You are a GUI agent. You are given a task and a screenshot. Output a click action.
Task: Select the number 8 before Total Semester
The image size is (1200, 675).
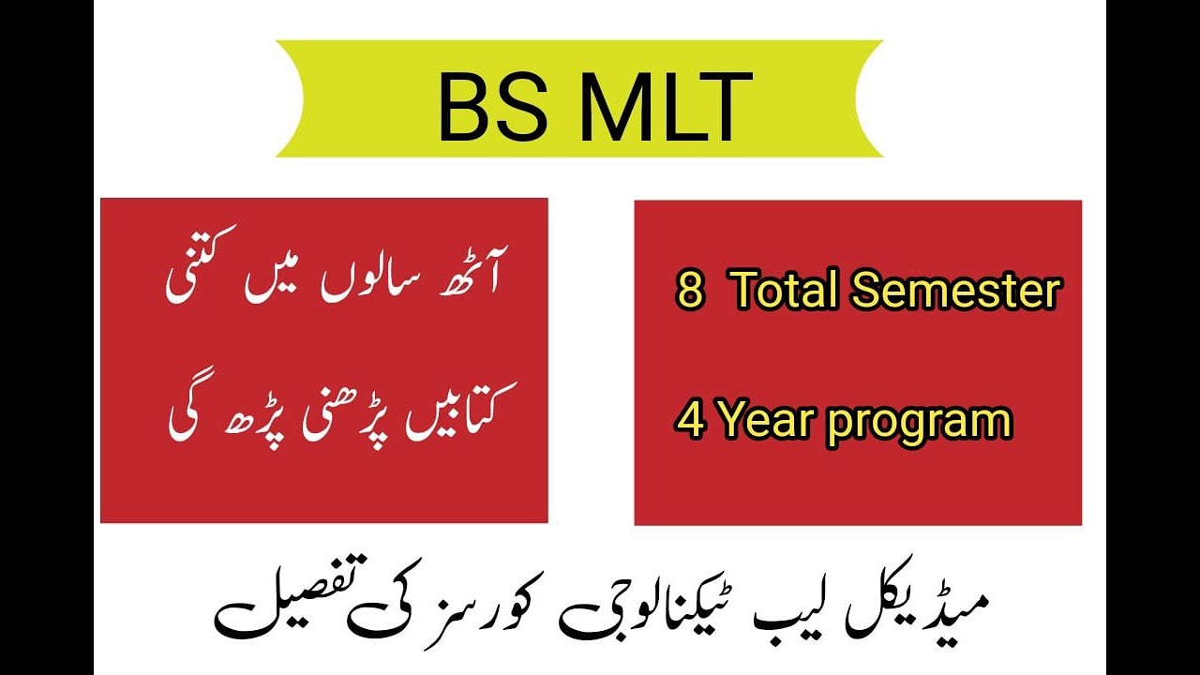689,292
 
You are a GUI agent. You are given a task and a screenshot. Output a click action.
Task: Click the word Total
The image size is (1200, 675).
782,292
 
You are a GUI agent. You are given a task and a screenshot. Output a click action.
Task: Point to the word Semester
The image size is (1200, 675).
955,292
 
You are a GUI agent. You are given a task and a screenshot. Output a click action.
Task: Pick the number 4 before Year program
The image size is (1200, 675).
691,421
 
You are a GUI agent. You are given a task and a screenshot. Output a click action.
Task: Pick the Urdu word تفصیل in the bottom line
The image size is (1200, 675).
272,609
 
